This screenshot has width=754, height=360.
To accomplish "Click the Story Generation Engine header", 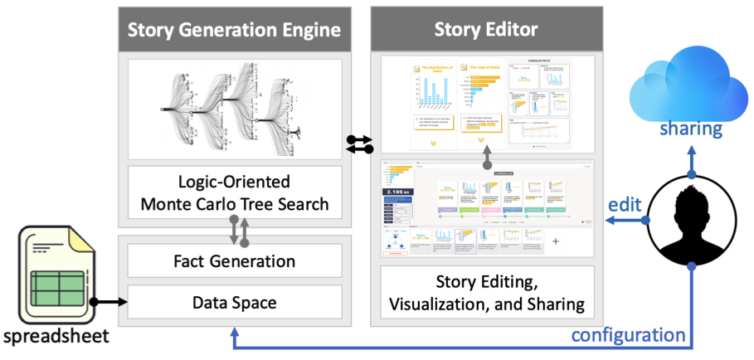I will point(234,31).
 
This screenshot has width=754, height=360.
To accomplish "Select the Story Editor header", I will point(486,31).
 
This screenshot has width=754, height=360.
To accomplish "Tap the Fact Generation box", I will point(234,261).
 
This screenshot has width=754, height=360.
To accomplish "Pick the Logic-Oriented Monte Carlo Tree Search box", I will point(234,192).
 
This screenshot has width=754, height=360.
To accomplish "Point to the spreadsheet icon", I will point(56,274).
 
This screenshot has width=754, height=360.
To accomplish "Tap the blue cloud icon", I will point(690,83).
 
